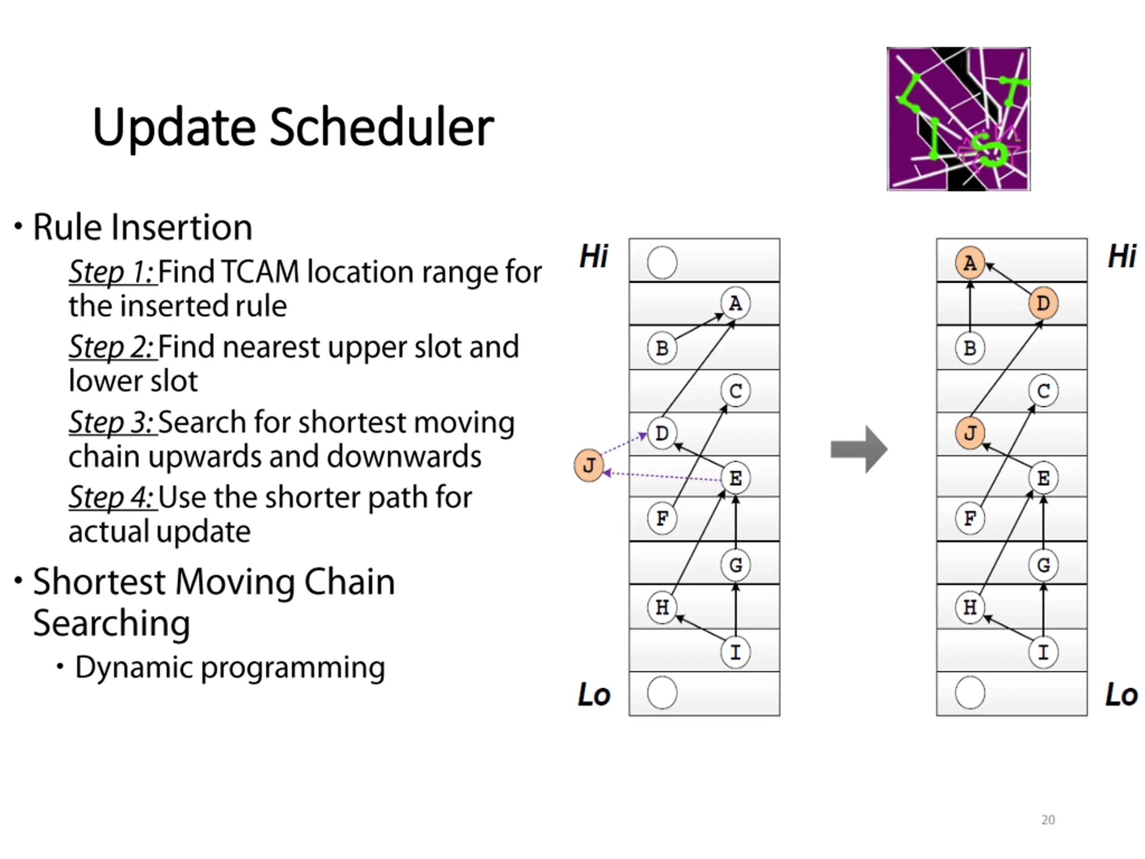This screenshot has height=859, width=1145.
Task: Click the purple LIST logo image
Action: (958, 119)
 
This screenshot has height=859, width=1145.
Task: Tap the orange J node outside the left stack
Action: (589, 465)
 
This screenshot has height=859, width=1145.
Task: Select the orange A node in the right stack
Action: (970, 263)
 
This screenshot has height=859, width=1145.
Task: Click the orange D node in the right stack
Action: (1043, 303)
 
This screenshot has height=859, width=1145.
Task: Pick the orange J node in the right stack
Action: (970, 433)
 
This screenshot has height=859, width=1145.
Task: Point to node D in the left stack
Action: (662, 433)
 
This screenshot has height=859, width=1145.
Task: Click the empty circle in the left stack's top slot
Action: (662, 263)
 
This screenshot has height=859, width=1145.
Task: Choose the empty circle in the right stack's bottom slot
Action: (970, 693)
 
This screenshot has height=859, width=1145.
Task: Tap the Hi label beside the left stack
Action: (593, 256)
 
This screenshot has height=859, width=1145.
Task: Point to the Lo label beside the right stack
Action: (1121, 694)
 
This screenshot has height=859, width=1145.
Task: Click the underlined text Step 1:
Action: (112, 272)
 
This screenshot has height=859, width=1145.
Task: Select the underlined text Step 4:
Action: (112, 498)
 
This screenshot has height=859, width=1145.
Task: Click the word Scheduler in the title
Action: (382, 128)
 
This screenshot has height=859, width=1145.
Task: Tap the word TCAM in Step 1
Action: (260, 272)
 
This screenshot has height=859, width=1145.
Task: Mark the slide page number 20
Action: (1047, 820)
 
